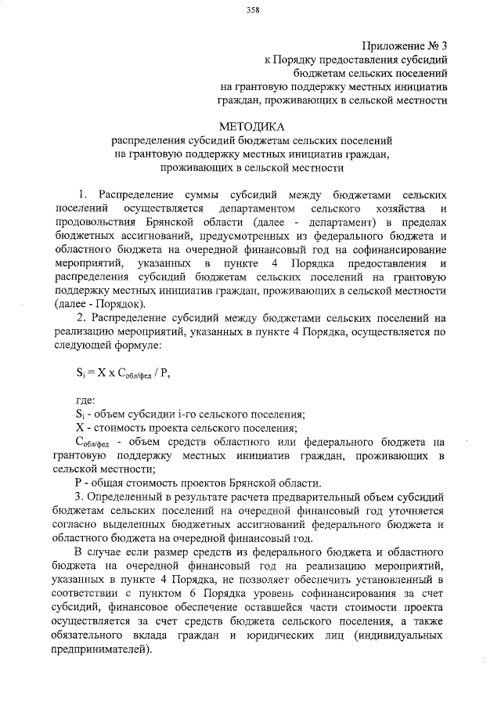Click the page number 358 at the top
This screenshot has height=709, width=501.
click(x=253, y=9)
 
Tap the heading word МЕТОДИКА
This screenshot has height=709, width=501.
click(x=253, y=125)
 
